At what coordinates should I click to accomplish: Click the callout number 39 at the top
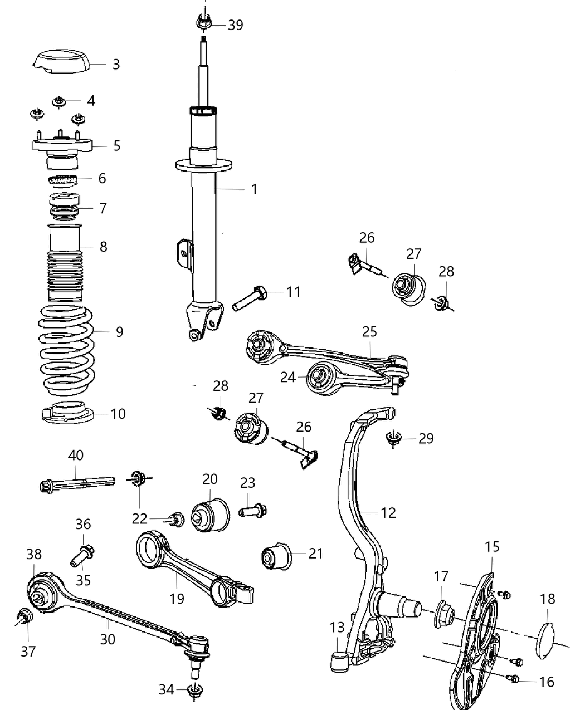235,25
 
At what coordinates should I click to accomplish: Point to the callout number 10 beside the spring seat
118,414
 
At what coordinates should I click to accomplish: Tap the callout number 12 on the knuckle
388,512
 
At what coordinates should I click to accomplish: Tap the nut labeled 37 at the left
25,616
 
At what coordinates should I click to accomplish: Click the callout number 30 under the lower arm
108,639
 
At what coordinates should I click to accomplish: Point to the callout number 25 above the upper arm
369,331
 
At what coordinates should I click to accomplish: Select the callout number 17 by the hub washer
441,576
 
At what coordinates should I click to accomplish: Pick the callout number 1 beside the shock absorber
254,189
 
